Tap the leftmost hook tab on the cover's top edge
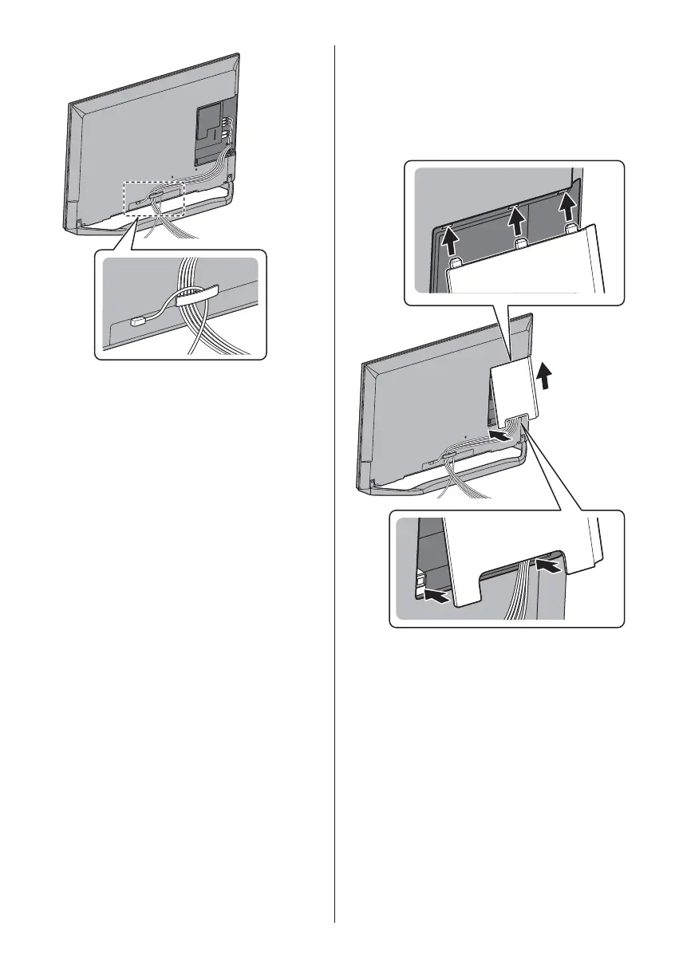[456, 260]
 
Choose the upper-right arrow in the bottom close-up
[548, 566]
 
